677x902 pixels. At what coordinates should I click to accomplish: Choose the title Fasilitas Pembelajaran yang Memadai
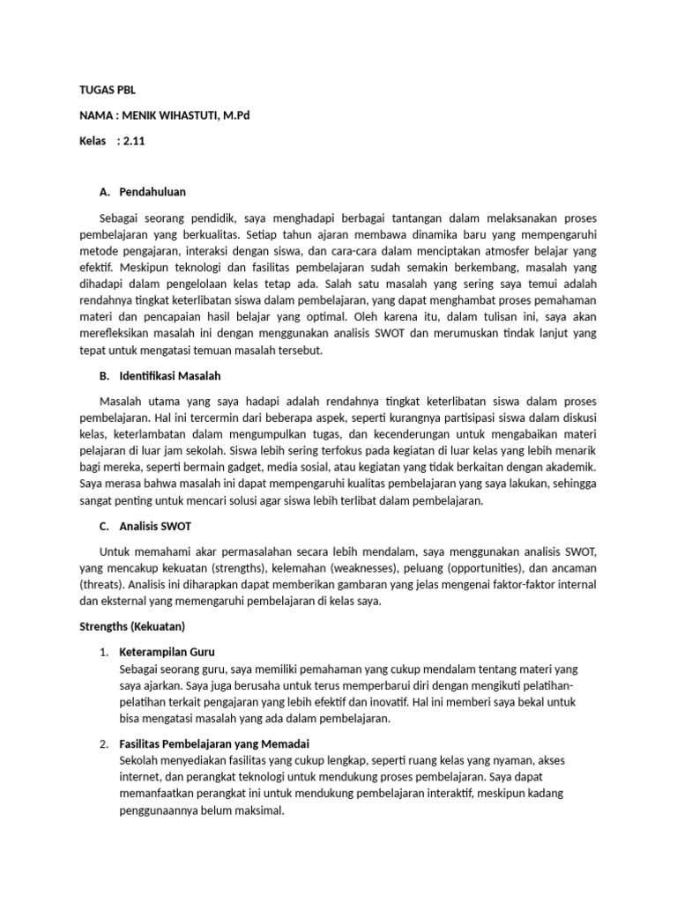(x=214, y=743)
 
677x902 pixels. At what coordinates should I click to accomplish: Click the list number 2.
(x=103, y=744)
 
